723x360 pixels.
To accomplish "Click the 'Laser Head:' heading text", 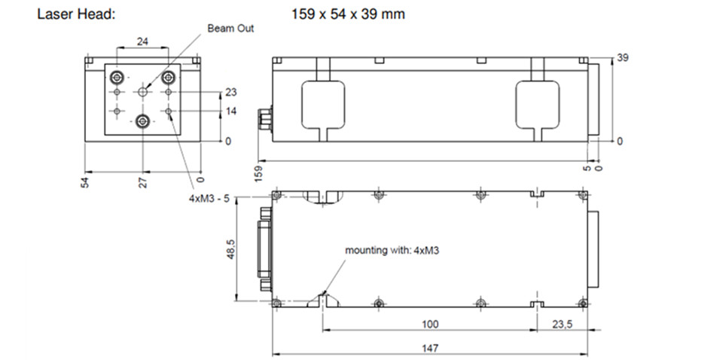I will coord(75,14).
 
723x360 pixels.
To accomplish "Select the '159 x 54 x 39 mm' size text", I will coord(348,14).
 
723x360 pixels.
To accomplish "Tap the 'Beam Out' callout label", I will coord(231,29).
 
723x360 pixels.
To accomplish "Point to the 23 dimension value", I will coord(231,93).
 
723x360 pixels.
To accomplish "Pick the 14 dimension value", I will coord(231,111).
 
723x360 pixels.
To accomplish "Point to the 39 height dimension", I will coord(623,57).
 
